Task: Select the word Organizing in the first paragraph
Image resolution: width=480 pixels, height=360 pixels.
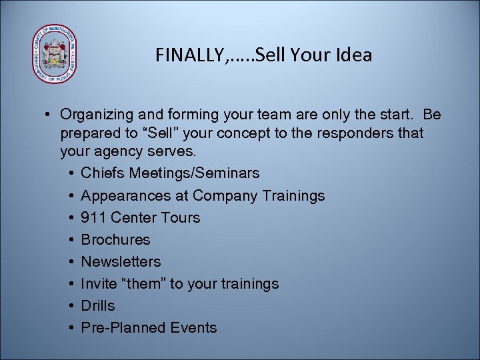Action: [x=97, y=115]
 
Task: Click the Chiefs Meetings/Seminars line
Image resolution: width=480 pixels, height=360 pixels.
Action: [x=170, y=173]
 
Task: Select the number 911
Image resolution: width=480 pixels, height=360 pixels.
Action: [x=93, y=217]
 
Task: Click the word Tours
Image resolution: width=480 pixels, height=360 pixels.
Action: [x=180, y=217]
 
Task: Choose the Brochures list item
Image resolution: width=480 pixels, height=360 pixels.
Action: [x=115, y=239]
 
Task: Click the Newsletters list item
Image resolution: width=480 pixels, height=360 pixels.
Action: [x=121, y=261]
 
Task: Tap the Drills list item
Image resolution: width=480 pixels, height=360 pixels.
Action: [x=97, y=305]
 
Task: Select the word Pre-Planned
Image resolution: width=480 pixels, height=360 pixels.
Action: [x=125, y=327]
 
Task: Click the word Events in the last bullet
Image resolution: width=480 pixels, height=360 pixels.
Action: [x=194, y=327]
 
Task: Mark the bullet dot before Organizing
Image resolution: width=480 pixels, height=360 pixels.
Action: [x=50, y=115]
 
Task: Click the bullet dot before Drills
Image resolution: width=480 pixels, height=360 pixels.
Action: [x=71, y=306]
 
